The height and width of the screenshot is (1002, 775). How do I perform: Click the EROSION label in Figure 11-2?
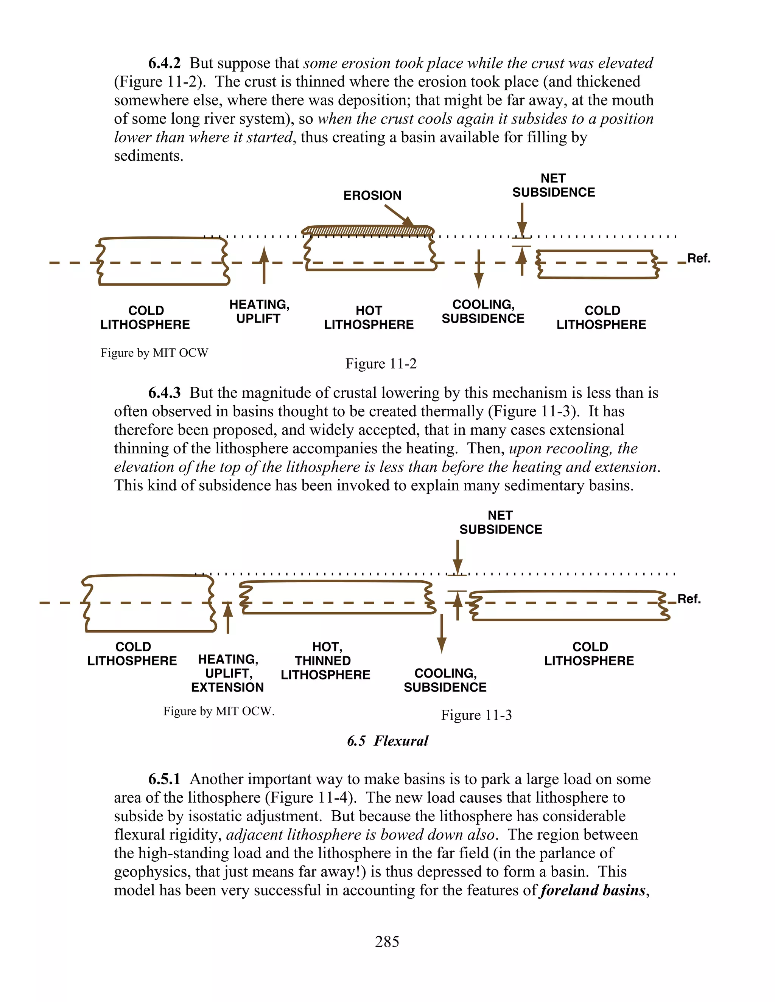[372, 195]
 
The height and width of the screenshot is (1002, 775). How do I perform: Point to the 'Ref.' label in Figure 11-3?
[689, 599]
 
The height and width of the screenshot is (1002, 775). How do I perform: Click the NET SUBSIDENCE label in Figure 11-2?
[553, 185]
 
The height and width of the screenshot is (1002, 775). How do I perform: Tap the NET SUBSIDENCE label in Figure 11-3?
[500, 523]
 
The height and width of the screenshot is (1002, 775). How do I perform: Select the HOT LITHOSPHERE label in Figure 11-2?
[369, 318]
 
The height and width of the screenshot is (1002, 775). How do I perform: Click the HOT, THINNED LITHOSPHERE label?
[325, 661]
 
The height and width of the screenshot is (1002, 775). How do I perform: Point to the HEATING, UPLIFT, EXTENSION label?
[228, 673]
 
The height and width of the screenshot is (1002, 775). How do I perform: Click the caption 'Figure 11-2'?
[381, 364]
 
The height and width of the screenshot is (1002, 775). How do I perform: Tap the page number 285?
[387, 942]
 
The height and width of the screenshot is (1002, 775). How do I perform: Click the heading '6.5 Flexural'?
[387, 741]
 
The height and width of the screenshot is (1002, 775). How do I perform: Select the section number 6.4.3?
[164, 393]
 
